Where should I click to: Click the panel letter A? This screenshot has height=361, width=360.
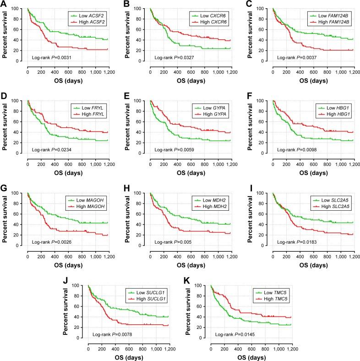[4, 5]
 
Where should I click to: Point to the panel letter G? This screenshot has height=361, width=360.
[4, 189]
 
